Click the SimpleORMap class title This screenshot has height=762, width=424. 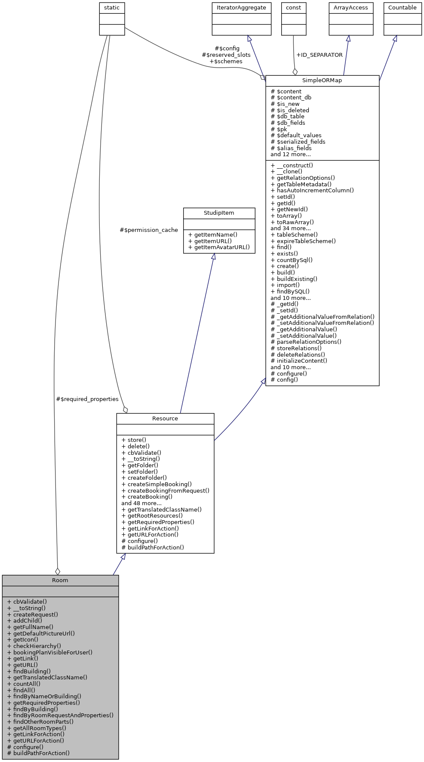322,80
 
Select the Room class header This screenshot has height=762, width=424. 60,580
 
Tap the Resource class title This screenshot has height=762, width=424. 165,418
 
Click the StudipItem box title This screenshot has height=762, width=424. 219,213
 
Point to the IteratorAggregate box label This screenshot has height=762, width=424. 241,8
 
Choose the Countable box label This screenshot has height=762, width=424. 402,8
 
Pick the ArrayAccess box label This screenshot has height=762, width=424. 351,8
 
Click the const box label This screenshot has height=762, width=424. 294,8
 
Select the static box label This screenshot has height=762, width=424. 112,8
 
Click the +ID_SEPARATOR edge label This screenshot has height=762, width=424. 320,55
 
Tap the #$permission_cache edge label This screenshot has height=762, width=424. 149,230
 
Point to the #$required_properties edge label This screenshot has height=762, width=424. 87,399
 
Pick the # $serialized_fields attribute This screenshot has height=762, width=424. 298,142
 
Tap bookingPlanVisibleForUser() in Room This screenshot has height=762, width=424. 52,652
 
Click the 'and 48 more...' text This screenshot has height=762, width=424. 141,503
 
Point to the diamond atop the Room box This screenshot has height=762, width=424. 58,571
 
